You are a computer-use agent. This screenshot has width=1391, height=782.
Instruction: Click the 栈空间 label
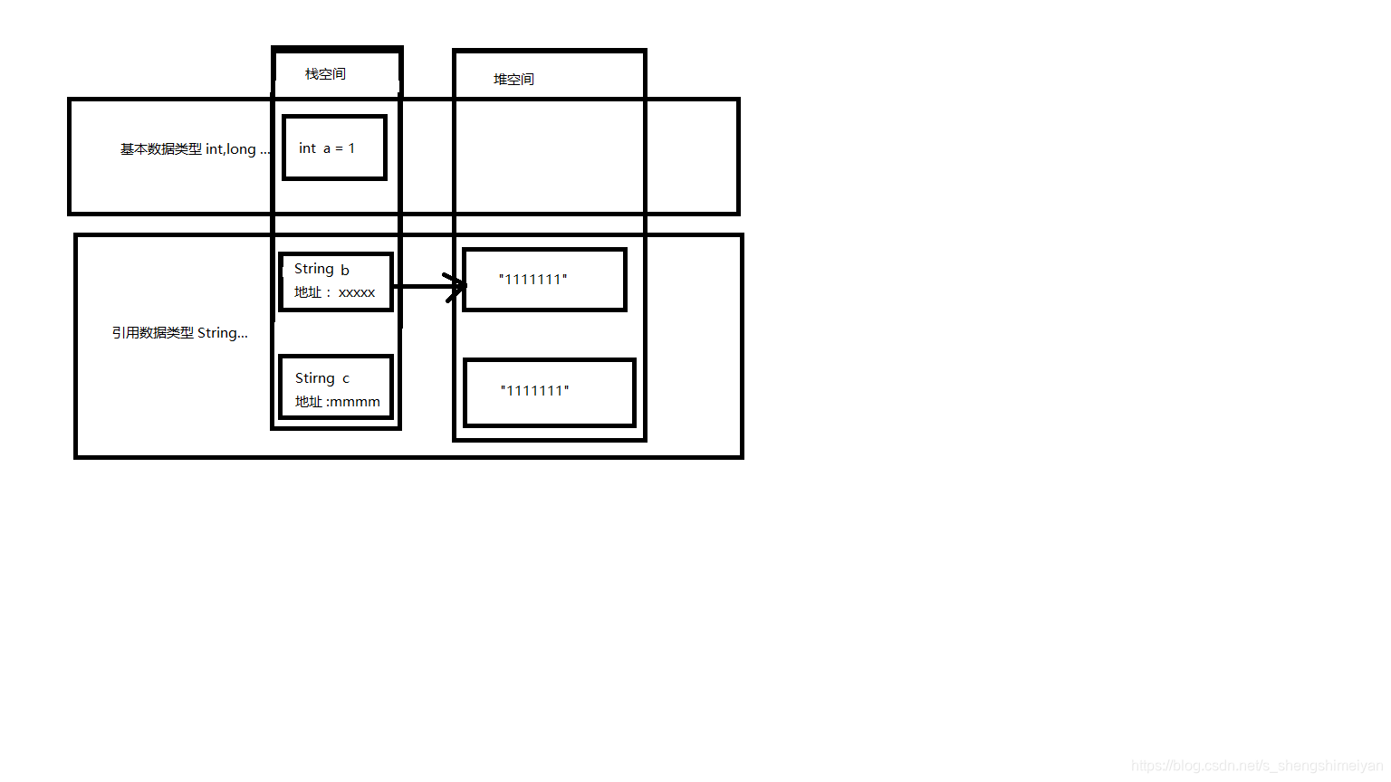(x=325, y=74)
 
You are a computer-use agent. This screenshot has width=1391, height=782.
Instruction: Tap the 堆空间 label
(x=513, y=80)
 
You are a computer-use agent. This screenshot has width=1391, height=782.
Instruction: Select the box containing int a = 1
(x=334, y=148)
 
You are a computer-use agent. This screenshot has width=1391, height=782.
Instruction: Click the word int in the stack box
(x=307, y=148)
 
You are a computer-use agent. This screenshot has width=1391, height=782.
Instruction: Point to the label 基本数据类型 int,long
(x=194, y=149)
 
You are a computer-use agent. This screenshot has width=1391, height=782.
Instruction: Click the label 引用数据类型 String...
(x=179, y=333)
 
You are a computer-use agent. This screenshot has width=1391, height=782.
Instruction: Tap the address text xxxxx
(x=357, y=292)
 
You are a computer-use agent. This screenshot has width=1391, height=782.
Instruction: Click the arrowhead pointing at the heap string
(x=456, y=286)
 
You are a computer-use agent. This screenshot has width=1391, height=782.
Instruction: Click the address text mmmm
(x=357, y=402)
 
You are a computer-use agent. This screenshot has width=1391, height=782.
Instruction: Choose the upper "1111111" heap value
(x=532, y=280)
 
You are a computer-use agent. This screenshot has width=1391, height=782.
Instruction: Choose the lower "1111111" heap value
(x=534, y=391)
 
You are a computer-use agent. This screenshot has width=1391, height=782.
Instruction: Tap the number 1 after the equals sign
(x=351, y=148)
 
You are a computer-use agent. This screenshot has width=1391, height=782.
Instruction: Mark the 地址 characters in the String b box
(x=308, y=292)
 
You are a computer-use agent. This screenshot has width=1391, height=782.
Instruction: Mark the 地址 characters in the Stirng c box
(x=309, y=402)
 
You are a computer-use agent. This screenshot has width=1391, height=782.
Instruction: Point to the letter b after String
(x=345, y=270)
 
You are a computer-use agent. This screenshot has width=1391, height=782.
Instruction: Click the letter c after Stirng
(x=346, y=379)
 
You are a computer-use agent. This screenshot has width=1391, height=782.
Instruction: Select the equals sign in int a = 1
(x=339, y=148)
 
